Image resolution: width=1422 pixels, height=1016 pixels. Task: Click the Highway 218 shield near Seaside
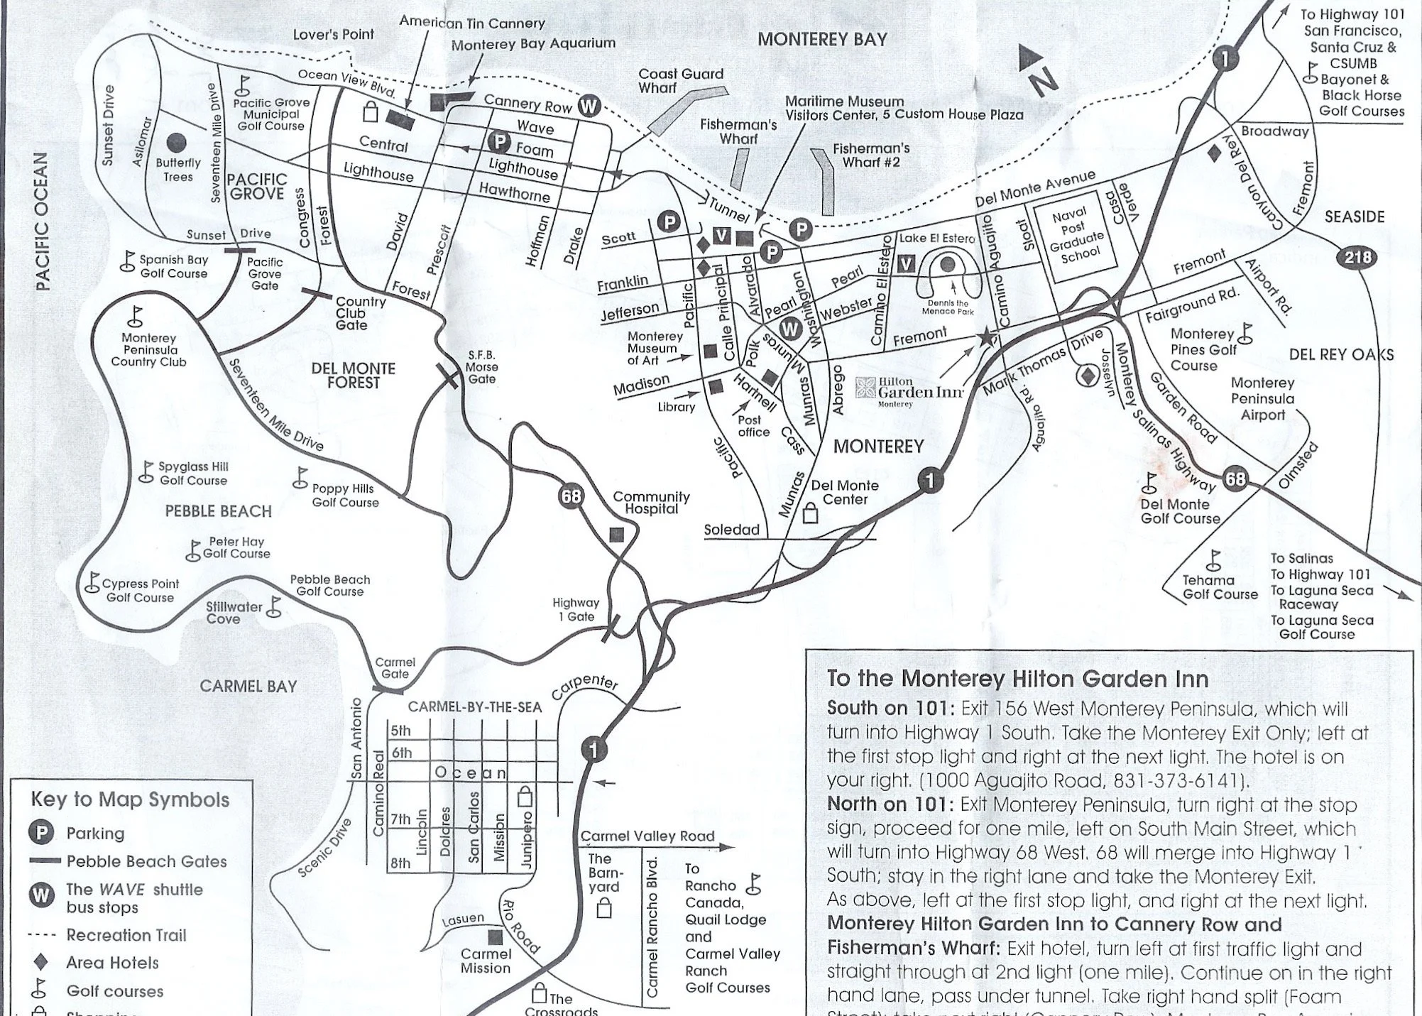(x=1357, y=257)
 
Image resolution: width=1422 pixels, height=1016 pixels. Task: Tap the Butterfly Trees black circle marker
(x=177, y=144)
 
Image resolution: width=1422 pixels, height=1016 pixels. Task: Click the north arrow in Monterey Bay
(x=1037, y=69)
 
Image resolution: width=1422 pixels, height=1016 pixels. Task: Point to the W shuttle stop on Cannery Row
(x=589, y=107)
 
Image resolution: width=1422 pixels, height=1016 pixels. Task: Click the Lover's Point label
(x=333, y=35)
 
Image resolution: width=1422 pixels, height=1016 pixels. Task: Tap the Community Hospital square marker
(x=616, y=535)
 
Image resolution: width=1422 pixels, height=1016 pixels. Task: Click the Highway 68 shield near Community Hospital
(x=571, y=496)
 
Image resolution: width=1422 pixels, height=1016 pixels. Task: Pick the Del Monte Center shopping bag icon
(x=810, y=513)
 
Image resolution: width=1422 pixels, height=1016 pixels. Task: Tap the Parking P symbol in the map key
(x=41, y=834)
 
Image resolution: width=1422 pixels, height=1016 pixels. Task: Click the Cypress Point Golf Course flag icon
(x=92, y=583)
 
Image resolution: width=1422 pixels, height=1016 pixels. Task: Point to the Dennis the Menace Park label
(x=948, y=307)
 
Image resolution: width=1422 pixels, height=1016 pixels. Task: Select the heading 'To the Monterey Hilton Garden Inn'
(x=1018, y=679)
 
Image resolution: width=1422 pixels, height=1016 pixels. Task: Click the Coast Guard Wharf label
(x=680, y=80)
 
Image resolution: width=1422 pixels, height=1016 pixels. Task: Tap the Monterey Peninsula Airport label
(x=1263, y=399)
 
